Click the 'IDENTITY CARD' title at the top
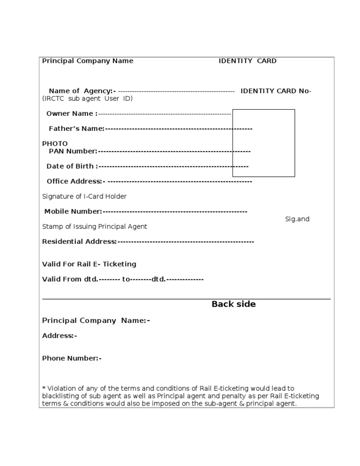tap(247, 61)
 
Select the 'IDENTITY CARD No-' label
tap(276, 91)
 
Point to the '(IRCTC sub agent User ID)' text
tap(88, 98)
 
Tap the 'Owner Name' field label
tap(72, 113)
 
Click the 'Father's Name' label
tap(76, 128)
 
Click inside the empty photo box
tap(263, 143)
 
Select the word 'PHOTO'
tap(55, 143)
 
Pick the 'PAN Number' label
tap(73, 151)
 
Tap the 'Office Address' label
tap(75, 181)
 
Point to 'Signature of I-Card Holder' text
tap(84, 196)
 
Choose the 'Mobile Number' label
tap(73, 211)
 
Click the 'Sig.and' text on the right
tap(297, 219)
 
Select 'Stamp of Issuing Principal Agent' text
tap(95, 226)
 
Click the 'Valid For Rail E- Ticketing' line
tap(89, 264)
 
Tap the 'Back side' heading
tap(233, 304)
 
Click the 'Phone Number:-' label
tap(72, 359)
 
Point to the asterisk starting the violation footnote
tap(44, 388)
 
